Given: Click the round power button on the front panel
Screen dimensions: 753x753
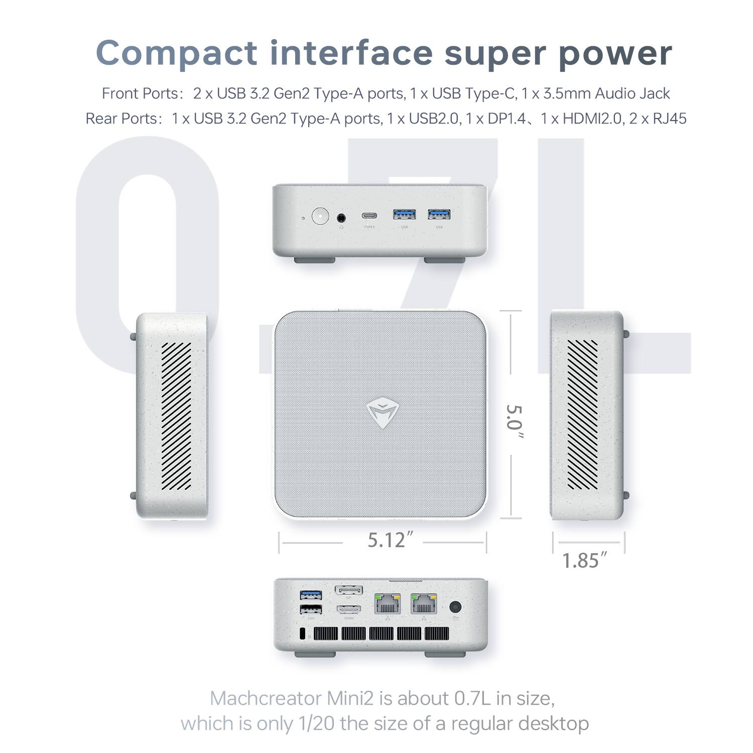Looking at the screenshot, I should [x=320, y=216].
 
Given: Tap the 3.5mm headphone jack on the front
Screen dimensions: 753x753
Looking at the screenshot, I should [x=342, y=217].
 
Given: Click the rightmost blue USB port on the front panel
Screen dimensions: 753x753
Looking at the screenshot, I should [x=439, y=215].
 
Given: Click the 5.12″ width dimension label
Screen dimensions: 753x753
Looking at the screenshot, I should [x=386, y=540].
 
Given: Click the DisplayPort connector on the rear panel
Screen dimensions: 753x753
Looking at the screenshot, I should [x=348, y=591].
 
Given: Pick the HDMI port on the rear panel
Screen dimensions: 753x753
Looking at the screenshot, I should [x=348, y=610].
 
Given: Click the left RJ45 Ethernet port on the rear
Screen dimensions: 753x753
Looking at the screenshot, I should [x=387, y=604].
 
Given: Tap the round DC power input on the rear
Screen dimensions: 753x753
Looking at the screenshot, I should [x=456, y=606].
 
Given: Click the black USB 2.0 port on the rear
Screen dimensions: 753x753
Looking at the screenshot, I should [x=311, y=609].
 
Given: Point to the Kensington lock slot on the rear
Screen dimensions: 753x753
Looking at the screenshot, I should [x=302, y=634].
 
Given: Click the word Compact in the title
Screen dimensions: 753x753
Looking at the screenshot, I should [x=176, y=53].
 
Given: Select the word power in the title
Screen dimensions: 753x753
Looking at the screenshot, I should [x=615, y=53].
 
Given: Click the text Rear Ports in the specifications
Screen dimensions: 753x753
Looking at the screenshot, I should [x=121, y=118].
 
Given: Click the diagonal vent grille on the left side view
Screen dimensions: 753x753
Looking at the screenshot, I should [x=176, y=416].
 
